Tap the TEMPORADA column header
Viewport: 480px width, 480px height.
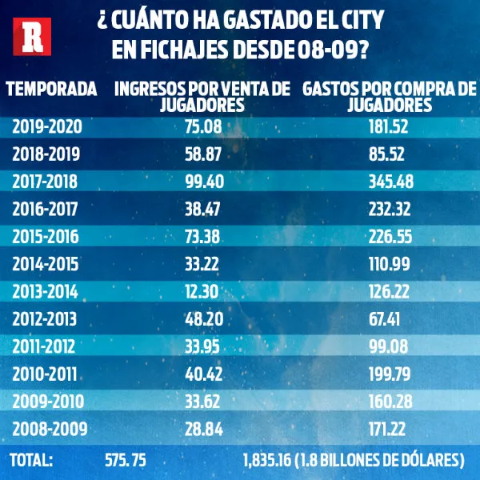point(52,89)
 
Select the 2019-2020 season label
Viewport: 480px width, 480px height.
point(47,126)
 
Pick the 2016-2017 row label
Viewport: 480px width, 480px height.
point(47,210)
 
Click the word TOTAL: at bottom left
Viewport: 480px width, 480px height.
point(30,461)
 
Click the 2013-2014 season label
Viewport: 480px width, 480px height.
point(47,292)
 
